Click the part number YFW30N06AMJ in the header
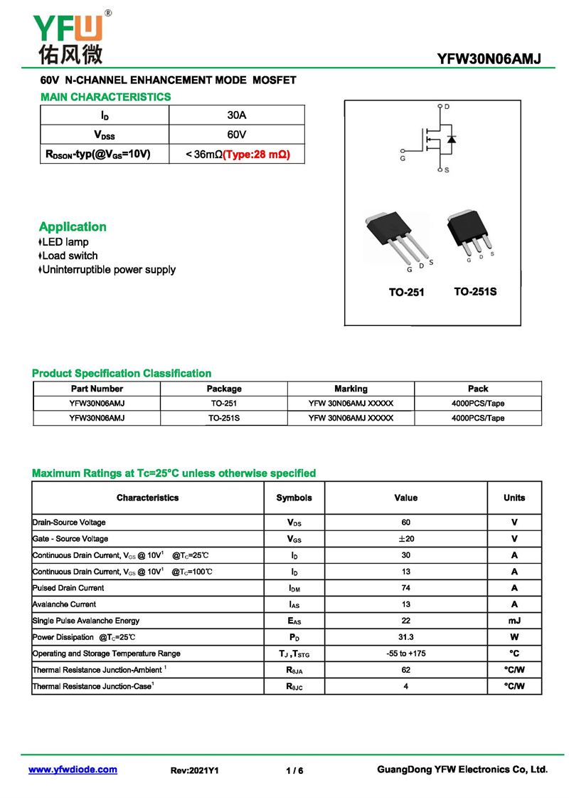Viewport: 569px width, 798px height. (x=489, y=59)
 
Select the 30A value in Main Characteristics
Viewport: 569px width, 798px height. (x=237, y=115)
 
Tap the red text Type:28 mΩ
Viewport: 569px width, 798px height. (x=257, y=154)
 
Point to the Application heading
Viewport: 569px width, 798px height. (x=73, y=227)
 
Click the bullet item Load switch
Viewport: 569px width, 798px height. (x=70, y=256)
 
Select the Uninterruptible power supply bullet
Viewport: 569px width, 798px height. (x=108, y=270)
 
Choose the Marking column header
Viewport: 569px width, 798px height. (x=351, y=389)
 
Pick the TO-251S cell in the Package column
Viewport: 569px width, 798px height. (x=224, y=418)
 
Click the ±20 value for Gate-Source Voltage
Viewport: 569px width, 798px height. (x=406, y=539)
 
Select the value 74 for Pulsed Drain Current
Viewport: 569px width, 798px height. (x=406, y=588)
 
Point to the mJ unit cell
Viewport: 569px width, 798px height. (x=514, y=621)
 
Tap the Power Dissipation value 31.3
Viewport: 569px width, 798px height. (x=406, y=637)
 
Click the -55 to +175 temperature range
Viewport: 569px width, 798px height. (x=406, y=653)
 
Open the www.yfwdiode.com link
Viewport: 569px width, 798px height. (x=73, y=770)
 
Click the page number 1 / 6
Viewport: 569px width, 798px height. (x=294, y=771)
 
